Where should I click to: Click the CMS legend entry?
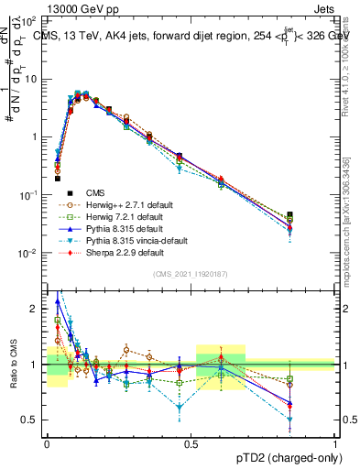(x=95, y=192)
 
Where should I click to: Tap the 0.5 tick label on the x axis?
(x=191, y=443)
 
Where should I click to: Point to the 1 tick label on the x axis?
(x=334, y=443)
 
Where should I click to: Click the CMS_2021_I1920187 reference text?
(x=191, y=274)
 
